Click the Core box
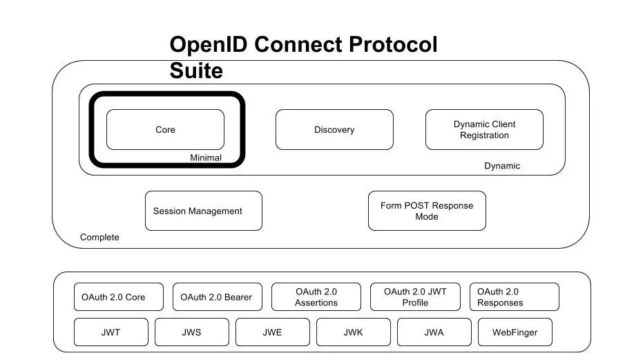[x=165, y=130]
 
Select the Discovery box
[x=334, y=130]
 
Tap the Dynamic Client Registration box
[x=484, y=130]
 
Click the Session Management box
[x=204, y=211]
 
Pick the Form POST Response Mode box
[x=427, y=211]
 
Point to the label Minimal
[x=206, y=158]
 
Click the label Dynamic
[x=502, y=166]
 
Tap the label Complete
[x=99, y=237]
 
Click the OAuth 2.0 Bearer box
[x=217, y=297]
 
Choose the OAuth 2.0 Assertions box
[x=316, y=297]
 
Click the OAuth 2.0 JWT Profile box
[x=415, y=297]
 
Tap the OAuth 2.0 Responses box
[x=514, y=297]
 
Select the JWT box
[x=111, y=332]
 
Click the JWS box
[x=191, y=332]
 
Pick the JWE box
[x=272, y=332]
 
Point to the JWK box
[x=353, y=332]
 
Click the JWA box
[x=434, y=332]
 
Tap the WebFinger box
[x=515, y=332]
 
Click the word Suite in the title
[x=196, y=70]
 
